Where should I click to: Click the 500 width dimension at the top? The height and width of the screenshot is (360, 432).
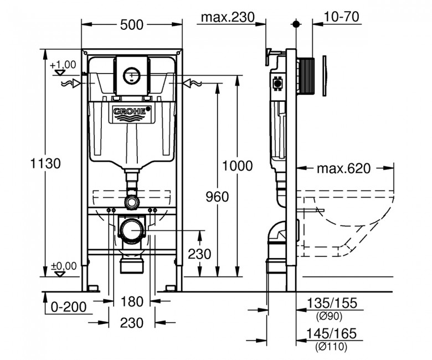pyautogui.click(x=132, y=25)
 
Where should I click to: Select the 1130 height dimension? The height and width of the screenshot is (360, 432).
pyautogui.click(x=45, y=163)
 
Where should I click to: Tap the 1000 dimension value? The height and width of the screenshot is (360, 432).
pyautogui.click(x=237, y=166)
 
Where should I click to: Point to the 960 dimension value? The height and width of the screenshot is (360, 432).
pyautogui.click(x=217, y=197)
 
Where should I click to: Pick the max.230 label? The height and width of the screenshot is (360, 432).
pyautogui.click(x=228, y=17)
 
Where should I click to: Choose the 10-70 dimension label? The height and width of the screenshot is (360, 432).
pyautogui.click(x=341, y=17)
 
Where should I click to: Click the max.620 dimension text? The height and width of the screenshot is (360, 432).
pyautogui.click(x=344, y=168)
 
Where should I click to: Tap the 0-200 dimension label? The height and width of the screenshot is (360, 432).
pyautogui.click(x=69, y=307)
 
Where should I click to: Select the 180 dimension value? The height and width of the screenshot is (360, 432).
pyautogui.click(x=132, y=302)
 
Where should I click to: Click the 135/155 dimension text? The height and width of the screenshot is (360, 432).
pyautogui.click(x=332, y=303)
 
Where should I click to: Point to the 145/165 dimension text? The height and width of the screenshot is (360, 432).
pyautogui.click(x=331, y=333)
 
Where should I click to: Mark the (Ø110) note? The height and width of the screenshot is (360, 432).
pyautogui.click(x=331, y=346)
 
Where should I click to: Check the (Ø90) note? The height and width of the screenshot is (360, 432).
pyautogui.click(x=329, y=316)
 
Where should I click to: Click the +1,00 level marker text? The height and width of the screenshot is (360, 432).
pyautogui.click(x=63, y=65)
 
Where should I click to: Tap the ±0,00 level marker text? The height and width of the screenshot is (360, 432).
pyautogui.click(x=64, y=266)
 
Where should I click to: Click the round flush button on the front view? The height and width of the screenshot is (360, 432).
pyautogui.click(x=132, y=76)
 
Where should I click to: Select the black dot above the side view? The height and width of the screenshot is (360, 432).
pyautogui.click(x=296, y=24)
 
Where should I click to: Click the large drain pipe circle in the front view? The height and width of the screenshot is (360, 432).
pyautogui.click(x=132, y=230)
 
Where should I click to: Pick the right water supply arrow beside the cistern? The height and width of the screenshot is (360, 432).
pyautogui.click(x=193, y=83)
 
